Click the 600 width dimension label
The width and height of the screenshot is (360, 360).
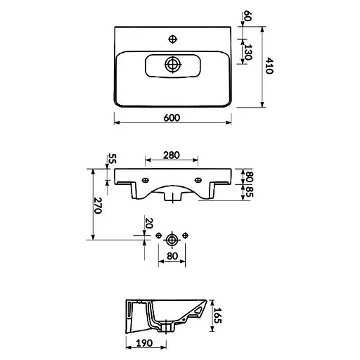172,117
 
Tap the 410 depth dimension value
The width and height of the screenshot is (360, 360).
269,66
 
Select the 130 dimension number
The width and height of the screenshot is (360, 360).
247,52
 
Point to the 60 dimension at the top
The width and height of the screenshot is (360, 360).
247,15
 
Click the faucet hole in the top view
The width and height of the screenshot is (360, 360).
173,39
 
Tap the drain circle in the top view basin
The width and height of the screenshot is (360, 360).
173,64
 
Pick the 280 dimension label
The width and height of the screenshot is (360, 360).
172,155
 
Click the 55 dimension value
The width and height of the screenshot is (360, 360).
112,159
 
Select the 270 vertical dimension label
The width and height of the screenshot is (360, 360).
98,205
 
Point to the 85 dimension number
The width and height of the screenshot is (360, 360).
249,192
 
